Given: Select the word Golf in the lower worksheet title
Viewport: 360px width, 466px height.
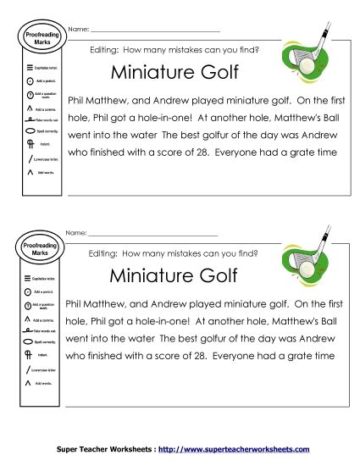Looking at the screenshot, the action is (214, 275).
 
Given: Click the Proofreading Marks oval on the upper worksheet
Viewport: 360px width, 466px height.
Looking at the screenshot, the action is (34, 34).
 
